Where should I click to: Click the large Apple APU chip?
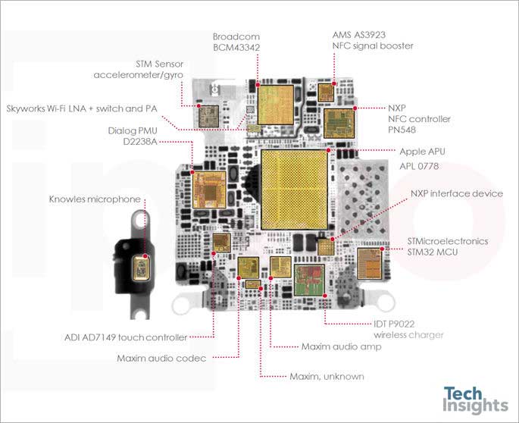[x=294, y=190]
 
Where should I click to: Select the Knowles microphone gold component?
[x=141, y=268]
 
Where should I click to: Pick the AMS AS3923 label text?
[x=372, y=40]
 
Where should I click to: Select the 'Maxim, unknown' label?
[x=327, y=376]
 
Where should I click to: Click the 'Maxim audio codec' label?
[x=161, y=358]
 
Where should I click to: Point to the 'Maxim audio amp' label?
[x=341, y=346]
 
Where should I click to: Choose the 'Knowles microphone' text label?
[x=95, y=199]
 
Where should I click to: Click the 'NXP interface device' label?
[x=457, y=193]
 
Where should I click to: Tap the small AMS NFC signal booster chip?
[x=326, y=92]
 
